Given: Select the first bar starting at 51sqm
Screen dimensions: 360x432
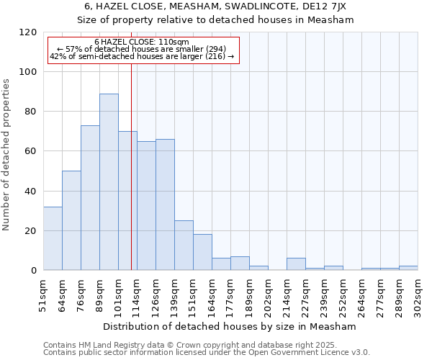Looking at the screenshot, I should click(53, 238).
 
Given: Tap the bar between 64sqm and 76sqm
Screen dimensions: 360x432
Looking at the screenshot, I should click(71, 220).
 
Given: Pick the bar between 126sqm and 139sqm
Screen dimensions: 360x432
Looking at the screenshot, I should click(165, 204).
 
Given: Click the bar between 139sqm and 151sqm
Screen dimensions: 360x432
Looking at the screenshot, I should click(184, 246).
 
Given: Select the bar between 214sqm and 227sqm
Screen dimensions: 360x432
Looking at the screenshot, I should click(296, 264).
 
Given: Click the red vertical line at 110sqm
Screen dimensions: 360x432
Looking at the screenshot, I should click(131, 180).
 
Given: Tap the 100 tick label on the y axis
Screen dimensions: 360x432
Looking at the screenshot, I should click(28, 72).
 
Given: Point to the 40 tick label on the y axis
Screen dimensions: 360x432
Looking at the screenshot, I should click(30, 191).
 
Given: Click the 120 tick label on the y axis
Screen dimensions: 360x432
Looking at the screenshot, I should click(28, 32).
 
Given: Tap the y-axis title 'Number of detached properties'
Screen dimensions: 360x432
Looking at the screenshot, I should click(7, 154).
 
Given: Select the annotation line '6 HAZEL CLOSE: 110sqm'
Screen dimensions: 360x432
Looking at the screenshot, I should click(142, 42).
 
